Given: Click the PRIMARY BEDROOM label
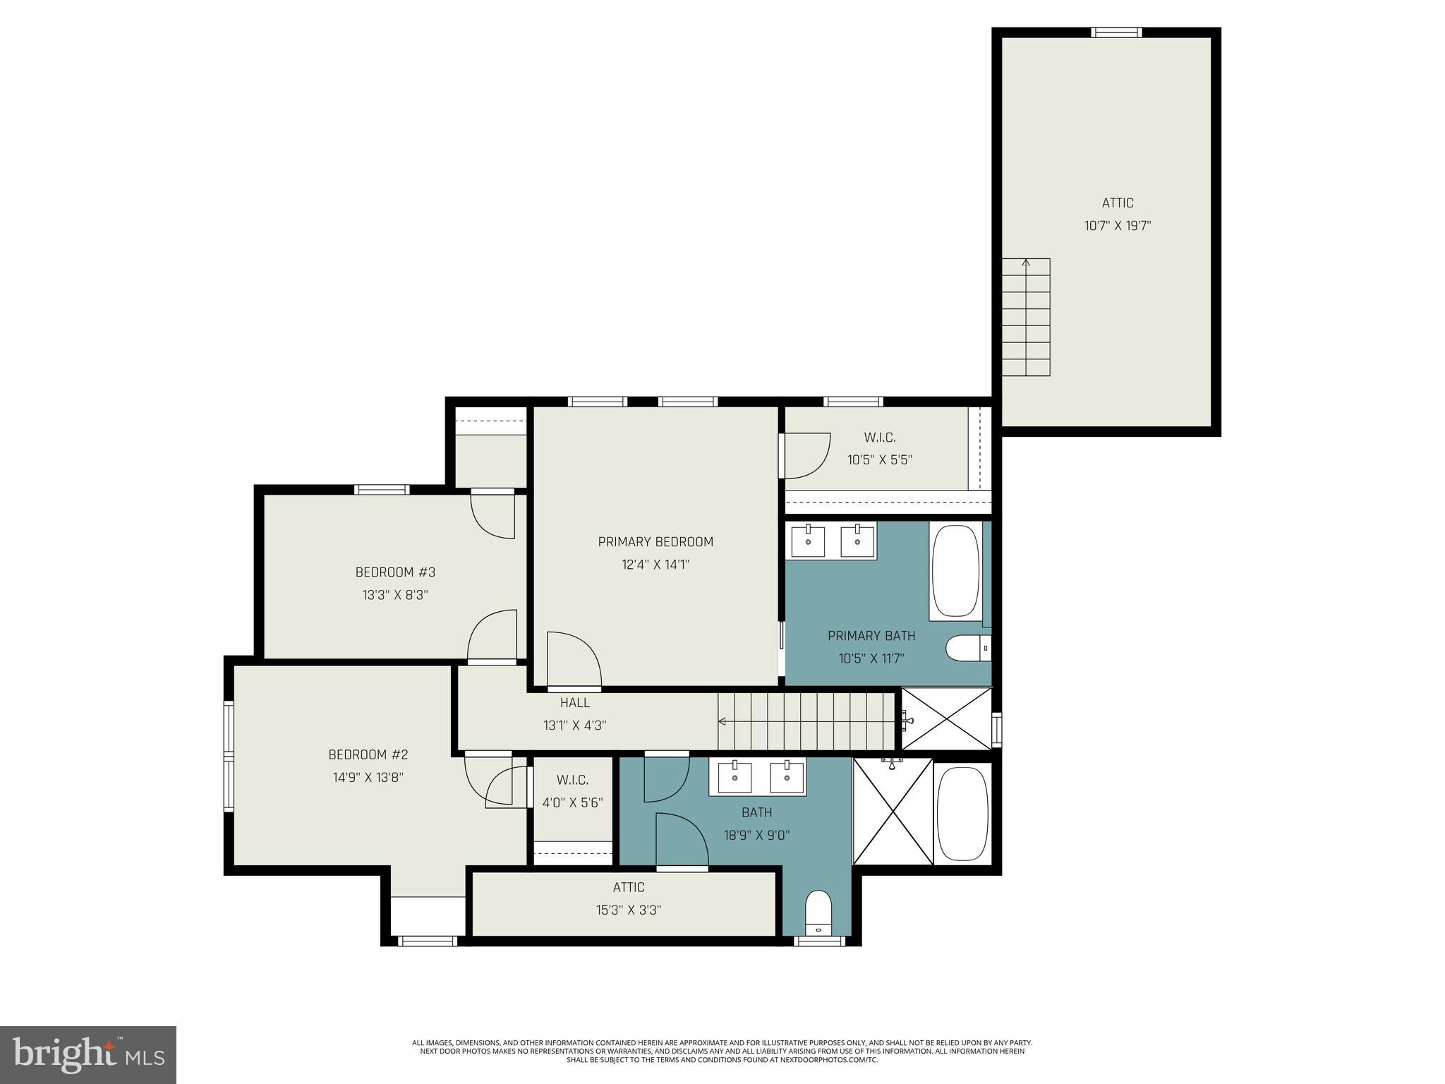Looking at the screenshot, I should (655, 541).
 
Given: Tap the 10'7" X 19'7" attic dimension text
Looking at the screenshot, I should (1117, 226).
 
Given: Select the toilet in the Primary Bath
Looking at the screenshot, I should (967, 648).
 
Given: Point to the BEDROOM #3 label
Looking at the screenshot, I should (395, 572).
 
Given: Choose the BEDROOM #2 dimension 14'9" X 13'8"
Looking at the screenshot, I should (368, 777).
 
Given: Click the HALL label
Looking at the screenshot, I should (574, 702).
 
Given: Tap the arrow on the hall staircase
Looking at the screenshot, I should (722, 721).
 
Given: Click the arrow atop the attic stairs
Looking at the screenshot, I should (1026, 263).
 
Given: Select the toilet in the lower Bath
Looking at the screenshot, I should (818, 912).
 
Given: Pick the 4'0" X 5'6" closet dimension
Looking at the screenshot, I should (572, 802).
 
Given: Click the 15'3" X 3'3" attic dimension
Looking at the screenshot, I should (628, 910).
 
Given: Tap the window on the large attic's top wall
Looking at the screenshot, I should (1116, 32).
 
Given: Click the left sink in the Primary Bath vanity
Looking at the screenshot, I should (808, 541).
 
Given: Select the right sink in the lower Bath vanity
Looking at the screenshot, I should (787, 777).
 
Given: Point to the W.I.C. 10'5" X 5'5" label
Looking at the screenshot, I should (879, 449).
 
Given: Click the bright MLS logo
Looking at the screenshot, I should (88, 1054).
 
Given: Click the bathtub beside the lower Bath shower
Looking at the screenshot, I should (962, 813).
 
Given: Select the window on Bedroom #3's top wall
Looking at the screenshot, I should (381, 489).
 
